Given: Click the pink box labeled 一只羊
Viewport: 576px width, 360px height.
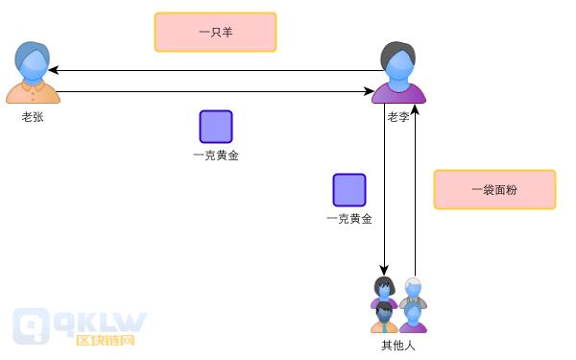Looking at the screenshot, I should [x=215, y=32].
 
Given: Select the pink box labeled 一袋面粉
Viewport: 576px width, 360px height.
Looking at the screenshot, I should [x=494, y=190].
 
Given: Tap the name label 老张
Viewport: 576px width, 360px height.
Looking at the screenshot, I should [x=33, y=116].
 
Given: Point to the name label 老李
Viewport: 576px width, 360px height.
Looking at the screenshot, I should [x=398, y=116].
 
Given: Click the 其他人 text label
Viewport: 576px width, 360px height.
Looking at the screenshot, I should [x=398, y=345].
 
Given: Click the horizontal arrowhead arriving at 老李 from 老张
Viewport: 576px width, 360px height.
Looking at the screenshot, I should [x=370, y=92].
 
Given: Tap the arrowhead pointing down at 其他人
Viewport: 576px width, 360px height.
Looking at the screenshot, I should [x=384, y=272].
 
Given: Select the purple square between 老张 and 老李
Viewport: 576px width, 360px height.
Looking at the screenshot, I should [x=216, y=127].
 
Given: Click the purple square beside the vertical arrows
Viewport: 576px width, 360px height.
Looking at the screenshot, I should [x=349, y=190].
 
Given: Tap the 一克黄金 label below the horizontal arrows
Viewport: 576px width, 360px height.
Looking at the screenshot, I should [x=216, y=156].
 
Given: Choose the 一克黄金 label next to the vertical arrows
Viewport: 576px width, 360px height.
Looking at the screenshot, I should [x=349, y=219].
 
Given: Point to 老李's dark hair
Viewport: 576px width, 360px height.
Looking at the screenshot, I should [x=398, y=51].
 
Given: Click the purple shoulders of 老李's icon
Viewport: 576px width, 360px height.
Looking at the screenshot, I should [x=398, y=94].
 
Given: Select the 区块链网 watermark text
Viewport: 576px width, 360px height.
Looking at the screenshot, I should [x=105, y=340].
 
